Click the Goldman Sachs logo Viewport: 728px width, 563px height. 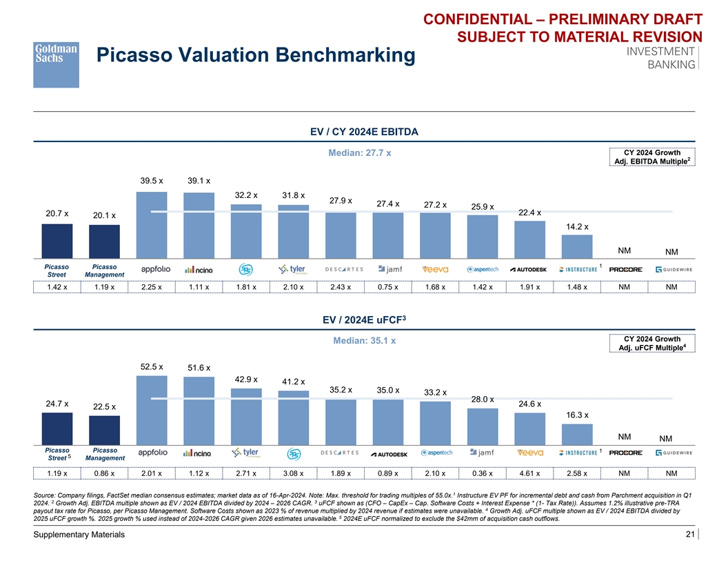[x=56, y=64]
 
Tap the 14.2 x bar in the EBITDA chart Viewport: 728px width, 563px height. [x=577, y=246]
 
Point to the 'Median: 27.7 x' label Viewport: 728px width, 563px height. [x=358, y=152]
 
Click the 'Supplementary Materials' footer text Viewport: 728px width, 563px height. [x=72, y=535]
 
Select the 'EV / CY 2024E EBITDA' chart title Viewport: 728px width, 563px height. [x=364, y=131]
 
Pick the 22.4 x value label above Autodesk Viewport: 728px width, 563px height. [x=529, y=213]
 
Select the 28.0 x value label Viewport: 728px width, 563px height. [x=483, y=399]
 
